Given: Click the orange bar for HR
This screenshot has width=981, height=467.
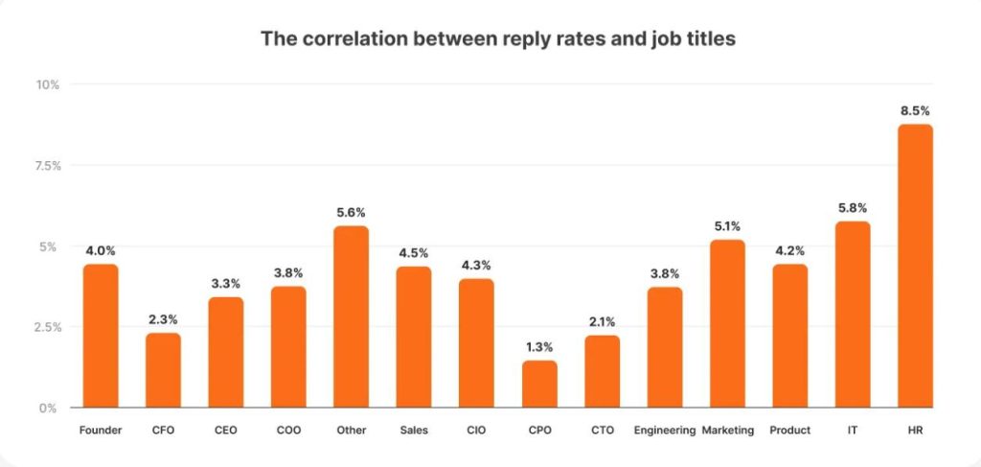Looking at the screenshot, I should [x=915, y=266].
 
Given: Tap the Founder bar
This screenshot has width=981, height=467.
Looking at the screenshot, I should [x=101, y=336].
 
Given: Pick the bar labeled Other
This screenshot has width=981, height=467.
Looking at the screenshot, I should [x=351, y=316].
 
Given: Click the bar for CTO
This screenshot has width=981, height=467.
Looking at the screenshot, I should [x=602, y=371].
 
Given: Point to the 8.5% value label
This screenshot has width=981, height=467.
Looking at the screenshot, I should [x=915, y=110].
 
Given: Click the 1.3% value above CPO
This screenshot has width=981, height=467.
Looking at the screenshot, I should [x=539, y=346].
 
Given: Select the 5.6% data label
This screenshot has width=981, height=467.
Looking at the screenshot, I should [x=351, y=212].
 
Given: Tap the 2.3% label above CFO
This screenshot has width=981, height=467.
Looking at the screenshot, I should [x=163, y=318].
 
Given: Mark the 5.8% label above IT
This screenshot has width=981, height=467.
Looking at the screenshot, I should [x=852, y=207].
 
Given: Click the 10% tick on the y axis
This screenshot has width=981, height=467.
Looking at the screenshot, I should [x=48, y=84].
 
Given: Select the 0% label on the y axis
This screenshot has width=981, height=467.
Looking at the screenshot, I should [x=50, y=408].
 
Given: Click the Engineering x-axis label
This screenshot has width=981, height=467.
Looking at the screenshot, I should [x=664, y=431].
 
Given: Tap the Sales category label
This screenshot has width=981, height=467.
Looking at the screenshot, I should [x=414, y=431].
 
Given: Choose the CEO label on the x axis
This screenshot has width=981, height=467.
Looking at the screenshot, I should [x=226, y=431].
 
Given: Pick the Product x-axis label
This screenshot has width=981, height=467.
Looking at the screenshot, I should [x=789, y=431].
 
